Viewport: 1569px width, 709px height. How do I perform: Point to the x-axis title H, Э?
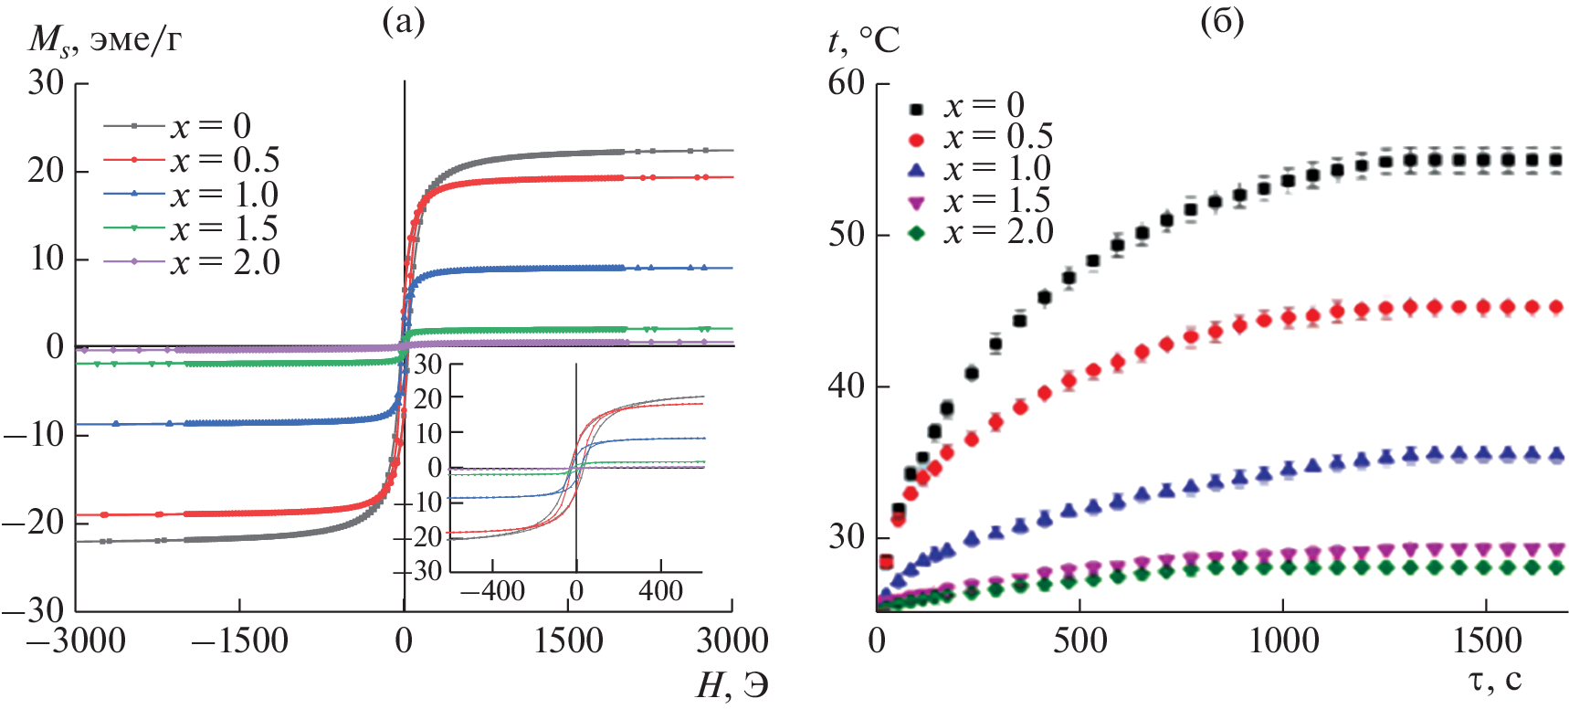[x=732, y=685]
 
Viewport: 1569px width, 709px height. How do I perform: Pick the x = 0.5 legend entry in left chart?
[x=224, y=161]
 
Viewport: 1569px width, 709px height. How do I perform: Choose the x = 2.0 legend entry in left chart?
[x=224, y=263]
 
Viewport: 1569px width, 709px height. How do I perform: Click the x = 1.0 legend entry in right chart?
[x=997, y=169]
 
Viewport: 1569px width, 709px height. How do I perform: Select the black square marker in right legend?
[x=917, y=110]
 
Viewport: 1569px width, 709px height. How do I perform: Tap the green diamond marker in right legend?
[x=917, y=234]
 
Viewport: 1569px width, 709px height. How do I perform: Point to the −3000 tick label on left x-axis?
[x=76, y=640]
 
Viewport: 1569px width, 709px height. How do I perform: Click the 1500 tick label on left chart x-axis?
[x=568, y=640]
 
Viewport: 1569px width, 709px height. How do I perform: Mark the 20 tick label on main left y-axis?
[x=46, y=171]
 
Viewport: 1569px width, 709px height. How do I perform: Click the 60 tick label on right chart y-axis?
[x=846, y=83]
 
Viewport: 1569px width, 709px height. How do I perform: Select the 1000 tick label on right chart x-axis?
[x=1283, y=640]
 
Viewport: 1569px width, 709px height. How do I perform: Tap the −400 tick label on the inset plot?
[x=492, y=591]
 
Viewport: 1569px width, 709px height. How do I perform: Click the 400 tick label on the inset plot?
[x=660, y=591]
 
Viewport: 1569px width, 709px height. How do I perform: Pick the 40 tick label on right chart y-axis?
[x=846, y=386]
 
